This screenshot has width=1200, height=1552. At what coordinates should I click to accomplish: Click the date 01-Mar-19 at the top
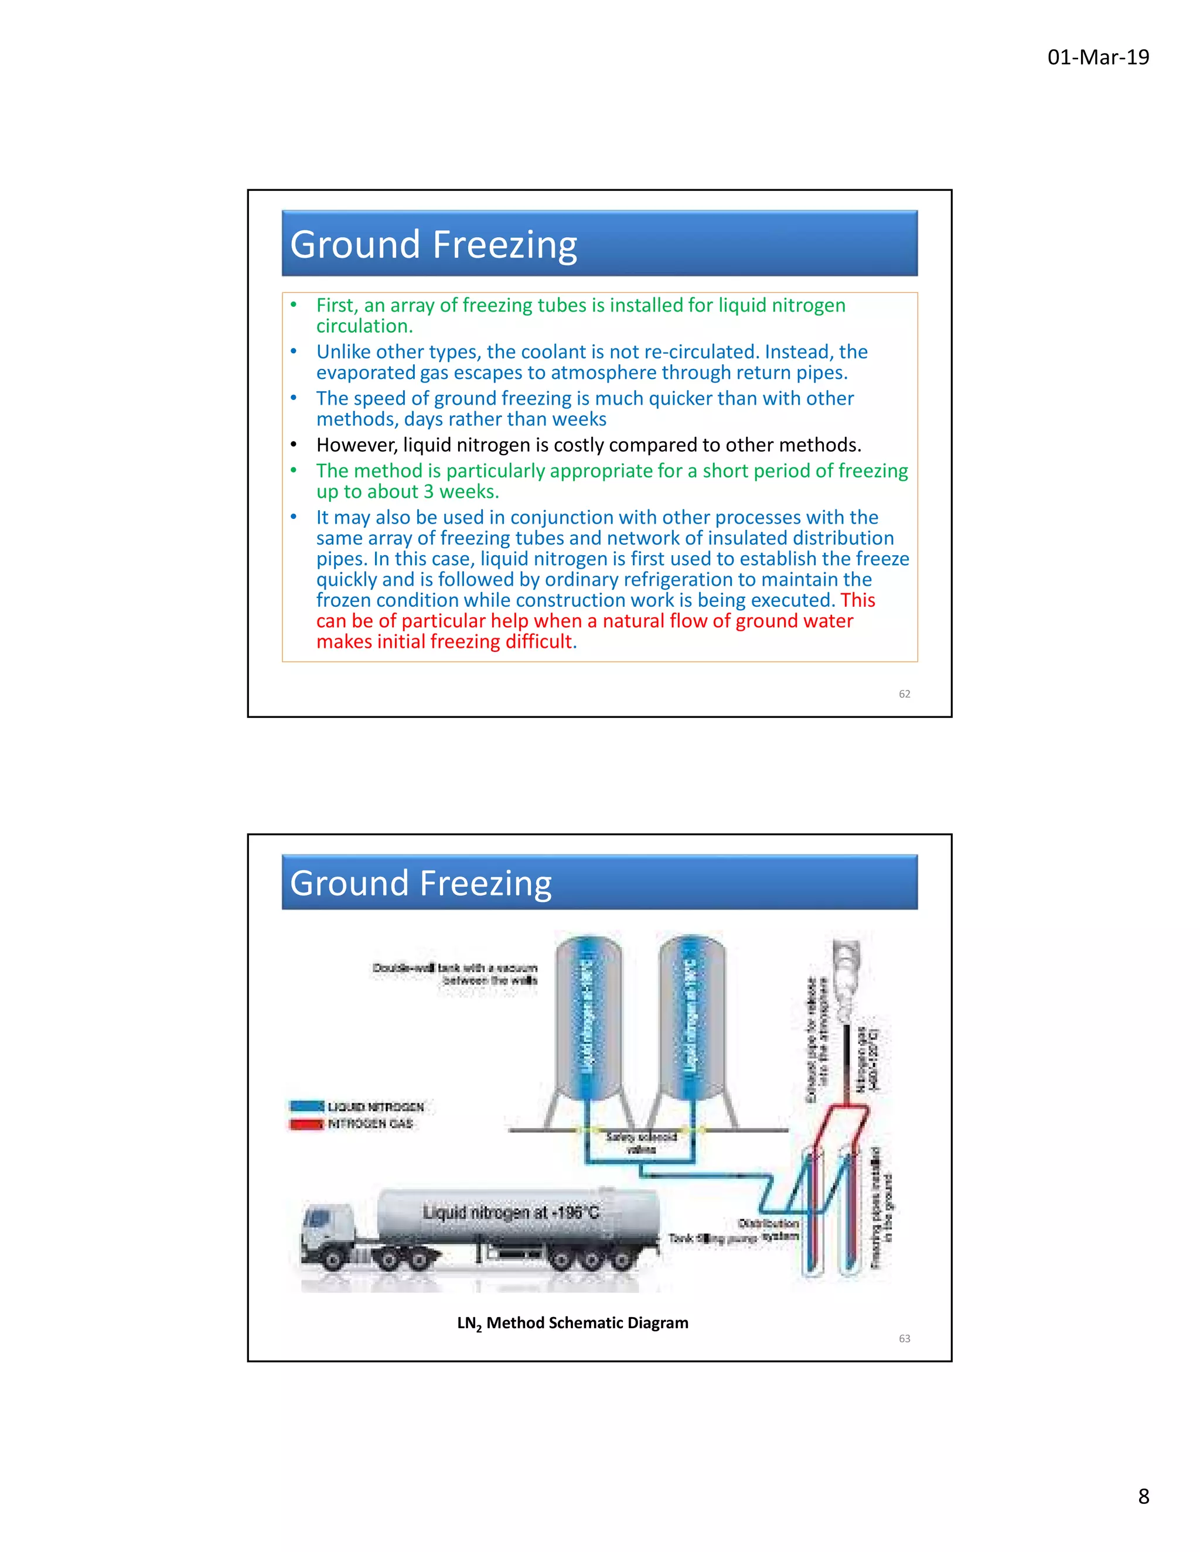coord(1097,57)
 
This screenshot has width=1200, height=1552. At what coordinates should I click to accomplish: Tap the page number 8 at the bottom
coord(1143,1496)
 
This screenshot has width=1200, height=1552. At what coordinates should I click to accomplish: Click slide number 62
coord(904,693)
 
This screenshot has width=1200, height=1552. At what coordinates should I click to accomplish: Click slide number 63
coord(904,1338)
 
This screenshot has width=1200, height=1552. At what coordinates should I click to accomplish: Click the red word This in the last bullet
coord(857,600)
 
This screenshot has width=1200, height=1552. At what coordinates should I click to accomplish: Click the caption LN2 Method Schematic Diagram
coord(572,1322)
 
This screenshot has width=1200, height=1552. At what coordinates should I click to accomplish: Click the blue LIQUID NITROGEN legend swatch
coord(307,1106)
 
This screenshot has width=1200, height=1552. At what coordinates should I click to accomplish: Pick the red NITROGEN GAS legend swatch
coord(307,1123)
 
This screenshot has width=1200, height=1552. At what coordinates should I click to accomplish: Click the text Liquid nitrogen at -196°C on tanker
coord(510,1212)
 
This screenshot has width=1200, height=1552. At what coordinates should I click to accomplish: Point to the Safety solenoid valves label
coord(641,1142)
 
